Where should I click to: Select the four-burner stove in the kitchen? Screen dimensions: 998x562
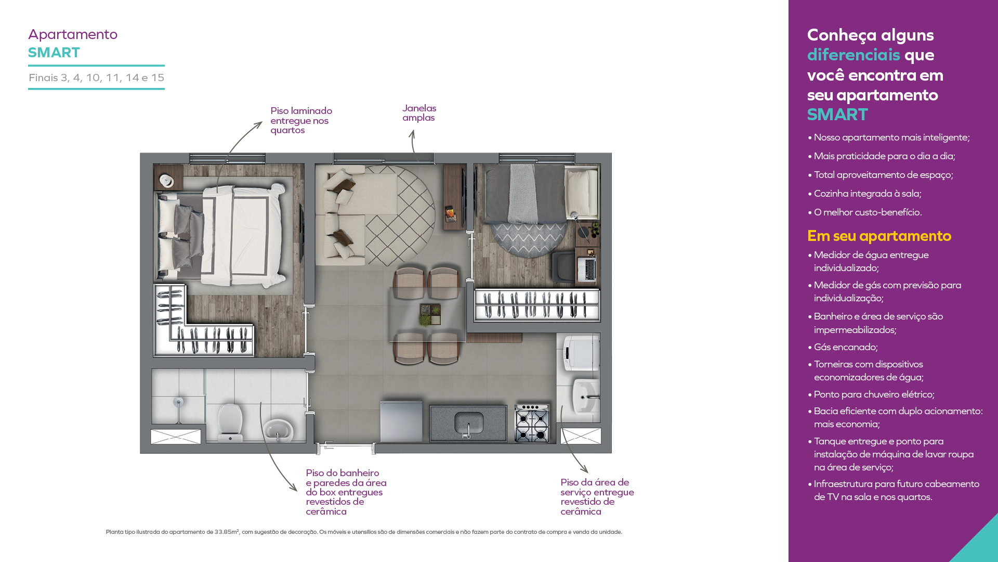532,423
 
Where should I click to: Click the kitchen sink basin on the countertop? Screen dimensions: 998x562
469,422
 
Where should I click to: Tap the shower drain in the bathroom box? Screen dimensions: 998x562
179,402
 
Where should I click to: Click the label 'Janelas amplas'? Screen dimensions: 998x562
419,113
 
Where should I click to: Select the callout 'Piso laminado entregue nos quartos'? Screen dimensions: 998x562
301,120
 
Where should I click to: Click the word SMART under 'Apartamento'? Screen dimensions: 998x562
54,53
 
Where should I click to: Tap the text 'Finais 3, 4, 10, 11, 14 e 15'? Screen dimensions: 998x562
97,78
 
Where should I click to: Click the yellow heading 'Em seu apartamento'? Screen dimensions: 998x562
879,236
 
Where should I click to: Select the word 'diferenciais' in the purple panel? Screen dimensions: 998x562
853,55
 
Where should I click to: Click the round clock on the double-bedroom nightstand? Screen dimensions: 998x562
166,180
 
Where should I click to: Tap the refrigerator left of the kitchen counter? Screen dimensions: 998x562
401,421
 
